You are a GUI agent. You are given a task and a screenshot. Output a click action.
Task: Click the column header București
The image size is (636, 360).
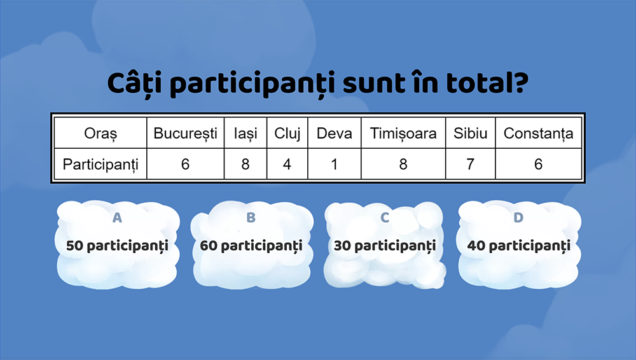pyautogui.click(x=185, y=133)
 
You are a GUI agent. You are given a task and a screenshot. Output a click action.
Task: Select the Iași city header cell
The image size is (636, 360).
pyautogui.click(x=245, y=134)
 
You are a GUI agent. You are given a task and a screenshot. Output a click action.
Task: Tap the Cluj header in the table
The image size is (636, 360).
pyautogui.click(x=287, y=134)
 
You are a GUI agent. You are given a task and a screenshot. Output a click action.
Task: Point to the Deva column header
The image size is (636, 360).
pyautogui.click(x=335, y=133)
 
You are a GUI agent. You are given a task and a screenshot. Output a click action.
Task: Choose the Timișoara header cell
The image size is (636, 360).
pyautogui.click(x=403, y=134)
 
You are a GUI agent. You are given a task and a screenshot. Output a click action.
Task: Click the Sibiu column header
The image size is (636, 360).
pyautogui.click(x=471, y=133)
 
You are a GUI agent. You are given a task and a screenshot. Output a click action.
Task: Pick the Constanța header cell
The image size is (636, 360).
pyautogui.click(x=538, y=134)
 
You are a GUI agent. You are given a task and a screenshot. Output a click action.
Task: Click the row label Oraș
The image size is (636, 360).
pyautogui.click(x=100, y=134)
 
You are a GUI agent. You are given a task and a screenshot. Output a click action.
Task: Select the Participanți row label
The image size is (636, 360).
pyautogui.click(x=100, y=164)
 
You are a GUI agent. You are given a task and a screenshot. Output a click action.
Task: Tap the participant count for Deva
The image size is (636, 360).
pyautogui.click(x=335, y=164)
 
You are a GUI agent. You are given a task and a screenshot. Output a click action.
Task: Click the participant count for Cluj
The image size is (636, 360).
pyautogui.click(x=287, y=164)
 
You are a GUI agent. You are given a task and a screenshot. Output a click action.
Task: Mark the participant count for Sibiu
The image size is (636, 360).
pyautogui.click(x=471, y=164)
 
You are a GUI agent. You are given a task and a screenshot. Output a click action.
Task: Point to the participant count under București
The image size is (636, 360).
pyautogui.click(x=185, y=164)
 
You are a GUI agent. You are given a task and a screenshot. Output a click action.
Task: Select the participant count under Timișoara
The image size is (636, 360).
pyautogui.click(x=403, y=164)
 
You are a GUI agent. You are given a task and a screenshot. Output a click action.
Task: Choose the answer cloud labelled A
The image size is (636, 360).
pyautogui.click(x=118, y=244)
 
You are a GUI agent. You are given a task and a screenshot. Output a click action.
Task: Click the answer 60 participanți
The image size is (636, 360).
pyautogui.click(x=251, y=246)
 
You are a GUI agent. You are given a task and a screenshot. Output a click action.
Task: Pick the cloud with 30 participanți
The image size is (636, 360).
pyautogui.click(x=385, y=244)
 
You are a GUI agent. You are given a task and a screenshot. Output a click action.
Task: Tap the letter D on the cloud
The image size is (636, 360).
pyautogui.click(x=518, y=218)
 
